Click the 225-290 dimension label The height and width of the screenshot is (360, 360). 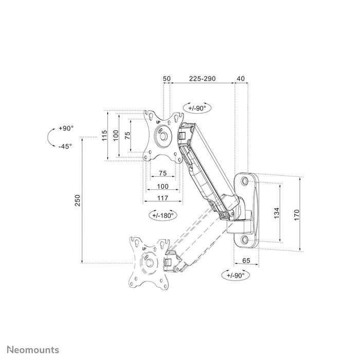(202, 79)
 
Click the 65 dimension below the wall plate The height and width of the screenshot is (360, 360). (246, 261)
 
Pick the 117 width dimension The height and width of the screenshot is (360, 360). (163, 197)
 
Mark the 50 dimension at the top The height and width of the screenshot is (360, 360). (167, 79)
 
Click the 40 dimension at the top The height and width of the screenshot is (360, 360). (241, 79)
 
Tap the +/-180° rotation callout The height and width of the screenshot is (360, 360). (163, 215)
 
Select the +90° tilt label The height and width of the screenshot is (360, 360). (66, 128)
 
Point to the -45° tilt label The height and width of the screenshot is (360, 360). (65, 146)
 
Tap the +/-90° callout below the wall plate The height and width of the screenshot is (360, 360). (237, 275)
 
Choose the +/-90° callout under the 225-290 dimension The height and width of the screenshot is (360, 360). (196, 109)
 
